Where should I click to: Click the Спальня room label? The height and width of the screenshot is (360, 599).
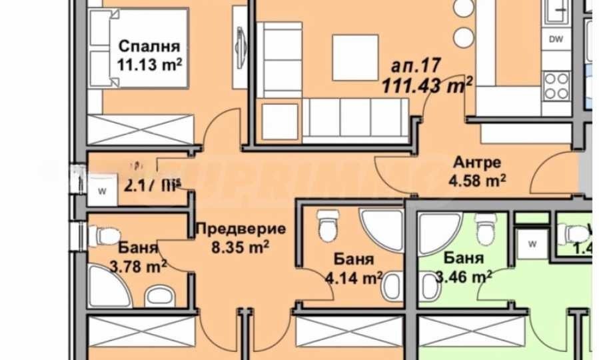click(150, 47)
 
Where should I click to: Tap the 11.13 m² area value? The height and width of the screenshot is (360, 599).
click(150, 65)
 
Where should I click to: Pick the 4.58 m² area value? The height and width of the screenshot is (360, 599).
click(477, 179)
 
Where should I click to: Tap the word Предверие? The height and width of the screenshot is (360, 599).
click(241, 229)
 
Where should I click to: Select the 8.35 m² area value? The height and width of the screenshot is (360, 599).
click(241, 246)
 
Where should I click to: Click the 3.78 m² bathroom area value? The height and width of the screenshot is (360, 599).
click(139, 268)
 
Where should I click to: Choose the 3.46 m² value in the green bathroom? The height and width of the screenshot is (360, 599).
click(464, 274)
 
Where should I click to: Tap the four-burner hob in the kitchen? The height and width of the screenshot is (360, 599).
click(556, 85)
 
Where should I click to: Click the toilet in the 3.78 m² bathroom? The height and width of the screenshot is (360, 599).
click(104, 234)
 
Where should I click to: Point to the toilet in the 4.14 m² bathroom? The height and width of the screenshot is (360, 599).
click(326, 227)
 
